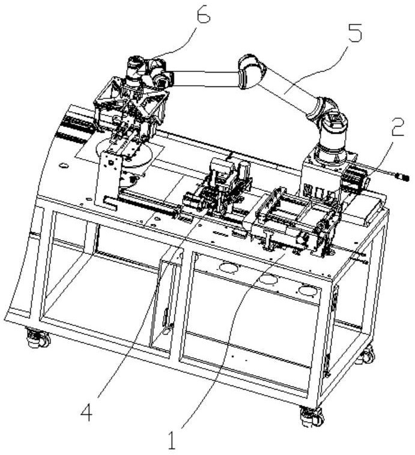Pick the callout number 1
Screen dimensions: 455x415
tap(172, 442)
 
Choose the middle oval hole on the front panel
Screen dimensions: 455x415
tap(268, 279)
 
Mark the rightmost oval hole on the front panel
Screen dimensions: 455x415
tap(307, 291)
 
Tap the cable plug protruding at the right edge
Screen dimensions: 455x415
tap(399, 177)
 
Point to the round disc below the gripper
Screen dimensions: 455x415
tap(135, 154)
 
